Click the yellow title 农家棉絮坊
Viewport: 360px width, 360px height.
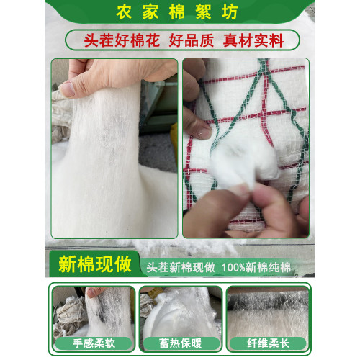coord(177,12)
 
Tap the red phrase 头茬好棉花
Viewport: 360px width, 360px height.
coord(122,40)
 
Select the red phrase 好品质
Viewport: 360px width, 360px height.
coord(192,40)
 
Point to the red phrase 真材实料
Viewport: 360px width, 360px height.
coord(253,40)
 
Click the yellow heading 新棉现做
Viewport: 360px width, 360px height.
coord(95,264)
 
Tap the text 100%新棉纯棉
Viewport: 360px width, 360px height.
coord(256,268)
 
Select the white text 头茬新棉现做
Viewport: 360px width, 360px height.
coord(181,268)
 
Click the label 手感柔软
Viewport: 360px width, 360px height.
coord(94,343)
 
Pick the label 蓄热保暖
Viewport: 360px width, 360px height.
coord(180,343)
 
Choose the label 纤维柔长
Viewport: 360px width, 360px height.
coord(269,343)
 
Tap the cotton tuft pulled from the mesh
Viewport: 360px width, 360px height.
coord(243,163)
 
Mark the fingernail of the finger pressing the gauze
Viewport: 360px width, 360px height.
coord(204,132)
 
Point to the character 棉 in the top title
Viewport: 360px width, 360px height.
coord(177,12)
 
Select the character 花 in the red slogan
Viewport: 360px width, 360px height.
coord(152,40)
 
